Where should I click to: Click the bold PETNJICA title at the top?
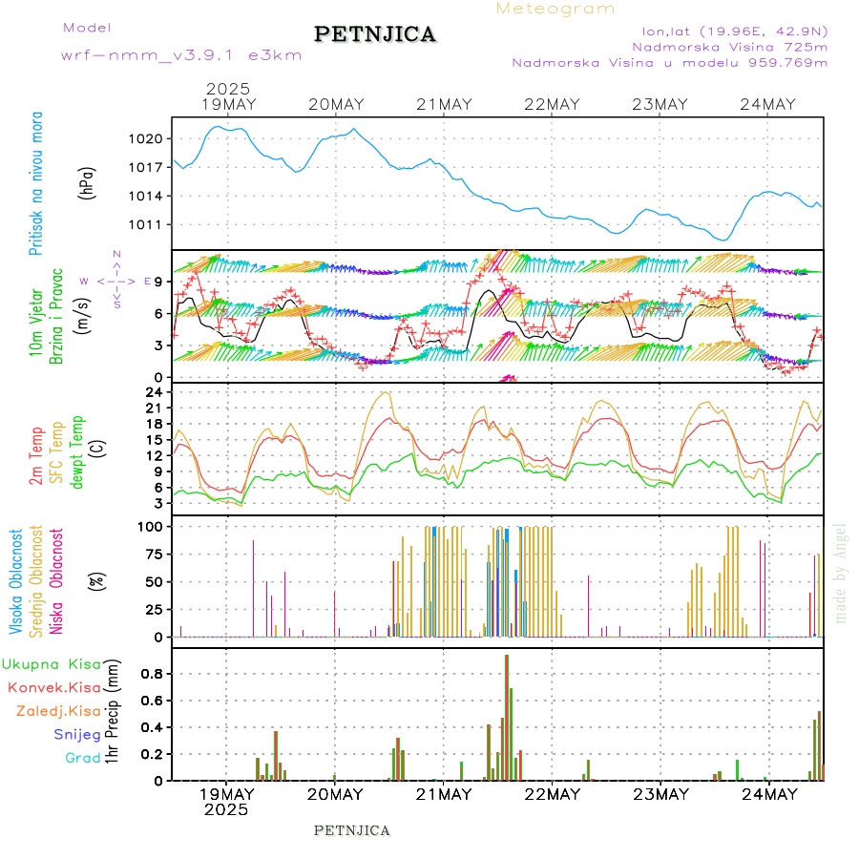[x=375, y=34]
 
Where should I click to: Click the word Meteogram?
[x=555, y=9]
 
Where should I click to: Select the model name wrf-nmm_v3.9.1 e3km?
[x=181, y=55]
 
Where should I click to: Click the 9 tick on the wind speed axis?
[x=158, y=282]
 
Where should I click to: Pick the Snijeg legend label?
[x=77, y=734]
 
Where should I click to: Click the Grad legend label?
[x=83, y=758]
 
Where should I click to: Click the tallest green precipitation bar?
[x=507, y=716]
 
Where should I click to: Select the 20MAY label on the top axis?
[x=336, y=104]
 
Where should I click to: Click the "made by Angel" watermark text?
[x=841, y=573]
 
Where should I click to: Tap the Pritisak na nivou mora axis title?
[x=36, y=196]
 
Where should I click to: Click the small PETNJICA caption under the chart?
[x=352, y=830]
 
